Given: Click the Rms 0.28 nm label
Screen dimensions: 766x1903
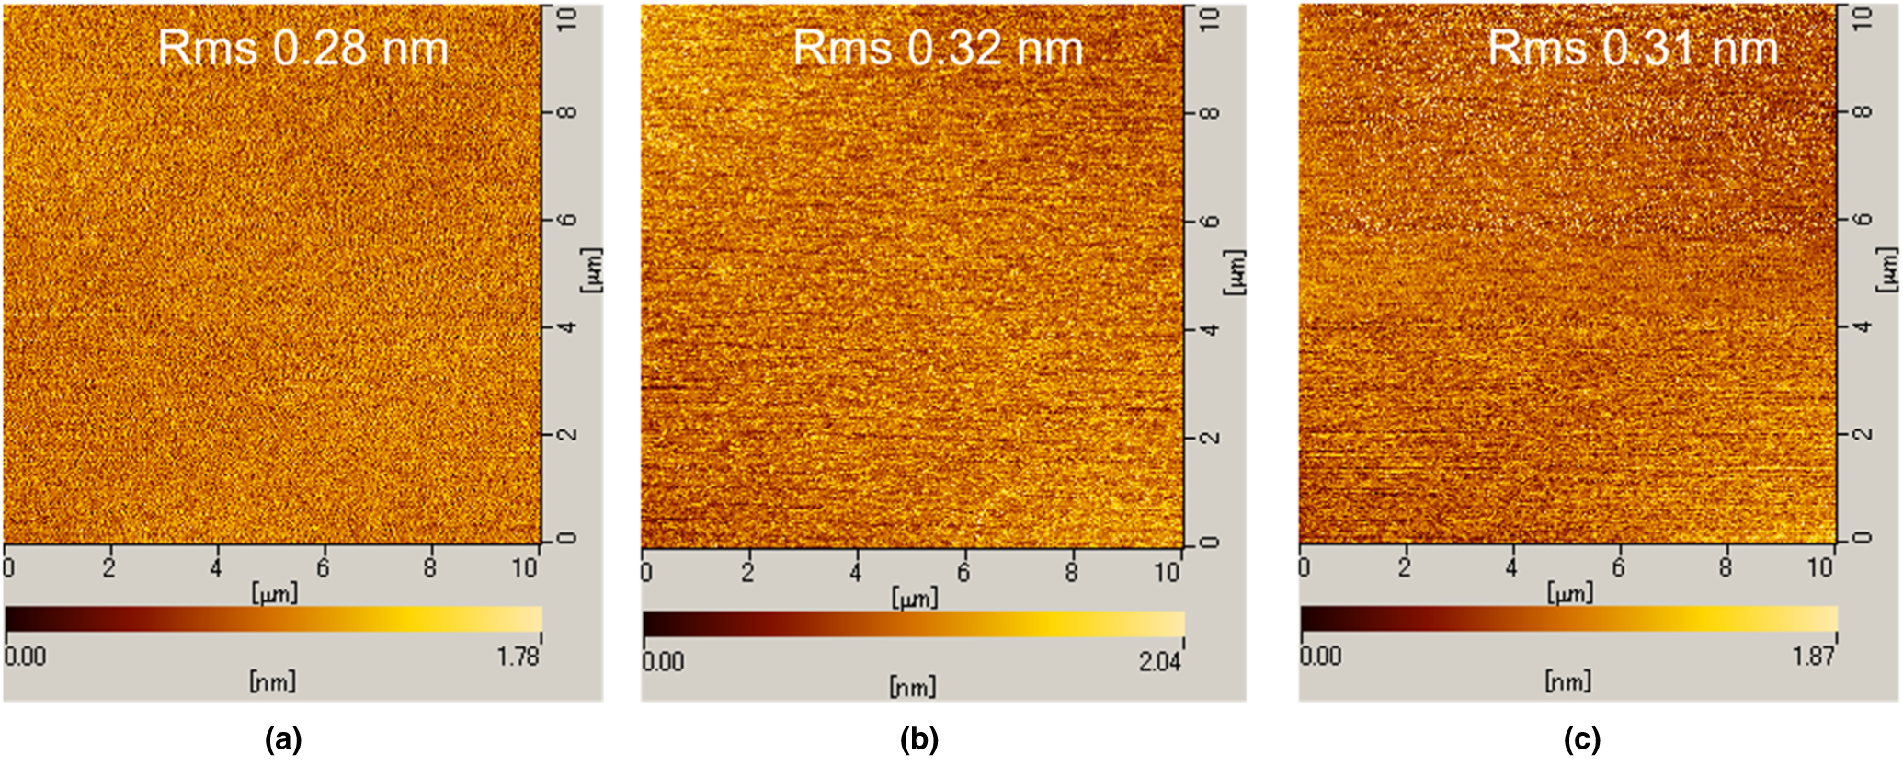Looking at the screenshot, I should point(302,48).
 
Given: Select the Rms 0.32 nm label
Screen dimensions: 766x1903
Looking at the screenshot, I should point(938,48).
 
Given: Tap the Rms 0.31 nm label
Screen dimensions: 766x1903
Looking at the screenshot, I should point(1633,48).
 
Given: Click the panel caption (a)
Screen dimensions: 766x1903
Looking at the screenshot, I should point(282,738).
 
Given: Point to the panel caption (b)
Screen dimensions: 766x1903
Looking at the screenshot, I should point(918,738).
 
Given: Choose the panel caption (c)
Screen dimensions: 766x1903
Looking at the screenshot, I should point(1581,738).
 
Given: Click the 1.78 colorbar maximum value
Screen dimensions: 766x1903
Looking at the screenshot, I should point(518,657).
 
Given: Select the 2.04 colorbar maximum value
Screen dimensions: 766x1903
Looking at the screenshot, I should point(1160,661).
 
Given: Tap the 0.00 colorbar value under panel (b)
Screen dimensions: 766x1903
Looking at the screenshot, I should point(663,661).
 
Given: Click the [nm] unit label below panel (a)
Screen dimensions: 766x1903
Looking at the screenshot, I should point(272,681).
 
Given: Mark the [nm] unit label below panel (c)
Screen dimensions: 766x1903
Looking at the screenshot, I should point(1567,681).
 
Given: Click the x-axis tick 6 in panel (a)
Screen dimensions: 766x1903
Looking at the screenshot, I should point(323,568).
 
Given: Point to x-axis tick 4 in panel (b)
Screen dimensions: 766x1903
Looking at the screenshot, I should point(856,572).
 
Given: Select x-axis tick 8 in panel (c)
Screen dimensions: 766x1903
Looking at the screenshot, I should point(1726,568).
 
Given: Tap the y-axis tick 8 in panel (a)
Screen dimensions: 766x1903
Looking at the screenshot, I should point(568,113).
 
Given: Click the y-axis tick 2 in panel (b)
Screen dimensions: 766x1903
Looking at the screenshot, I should point(1211,437).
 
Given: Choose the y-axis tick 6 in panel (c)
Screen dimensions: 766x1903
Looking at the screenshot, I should point(1863,219).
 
